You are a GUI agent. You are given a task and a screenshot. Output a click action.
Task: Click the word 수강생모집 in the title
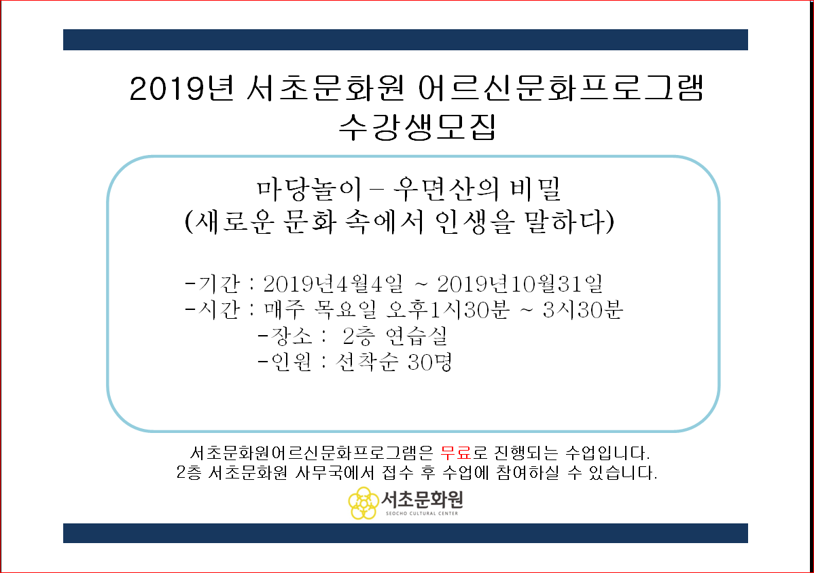[417, 126]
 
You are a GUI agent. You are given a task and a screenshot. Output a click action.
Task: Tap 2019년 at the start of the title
[181, 88]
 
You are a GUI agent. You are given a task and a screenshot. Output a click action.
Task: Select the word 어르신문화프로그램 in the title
[561, 88]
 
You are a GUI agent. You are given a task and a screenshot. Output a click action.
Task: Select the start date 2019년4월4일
[333, 283]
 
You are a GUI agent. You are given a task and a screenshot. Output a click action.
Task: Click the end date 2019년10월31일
[520, 283]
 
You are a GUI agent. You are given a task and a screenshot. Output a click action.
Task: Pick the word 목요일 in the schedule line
[346, 310]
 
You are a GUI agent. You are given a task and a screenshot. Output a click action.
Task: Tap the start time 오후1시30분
[448, 310]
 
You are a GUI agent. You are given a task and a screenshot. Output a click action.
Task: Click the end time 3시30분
[582, 310]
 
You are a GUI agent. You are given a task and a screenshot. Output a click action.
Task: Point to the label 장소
[291, 336]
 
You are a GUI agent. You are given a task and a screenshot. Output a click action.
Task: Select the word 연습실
[417, 336]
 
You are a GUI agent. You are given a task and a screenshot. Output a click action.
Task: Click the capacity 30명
[430, 362]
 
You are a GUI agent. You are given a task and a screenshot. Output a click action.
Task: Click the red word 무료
[456, 453]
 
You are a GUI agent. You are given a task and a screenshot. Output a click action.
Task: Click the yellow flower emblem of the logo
[364, 503]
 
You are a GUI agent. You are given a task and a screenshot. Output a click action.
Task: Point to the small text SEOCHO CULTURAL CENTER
[421, 513]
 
